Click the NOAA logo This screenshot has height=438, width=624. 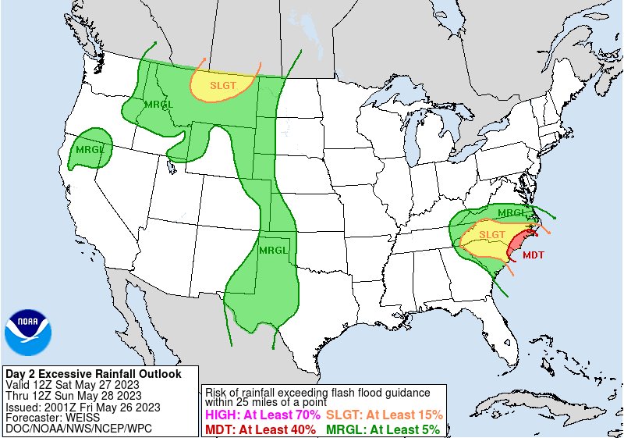(x=27, y=332)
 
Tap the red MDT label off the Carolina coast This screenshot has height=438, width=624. (x=534, y=255)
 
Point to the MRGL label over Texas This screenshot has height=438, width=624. (x=272, y=250)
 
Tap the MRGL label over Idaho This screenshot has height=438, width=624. (x=160, y=105)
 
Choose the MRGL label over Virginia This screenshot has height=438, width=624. (x=512, y=213)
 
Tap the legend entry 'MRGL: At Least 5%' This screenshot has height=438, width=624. (x=382, y=429)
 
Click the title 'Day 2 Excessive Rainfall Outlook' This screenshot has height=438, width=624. (x=93, y=374)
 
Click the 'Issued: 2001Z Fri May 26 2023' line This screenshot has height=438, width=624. (x=83, y=407)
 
